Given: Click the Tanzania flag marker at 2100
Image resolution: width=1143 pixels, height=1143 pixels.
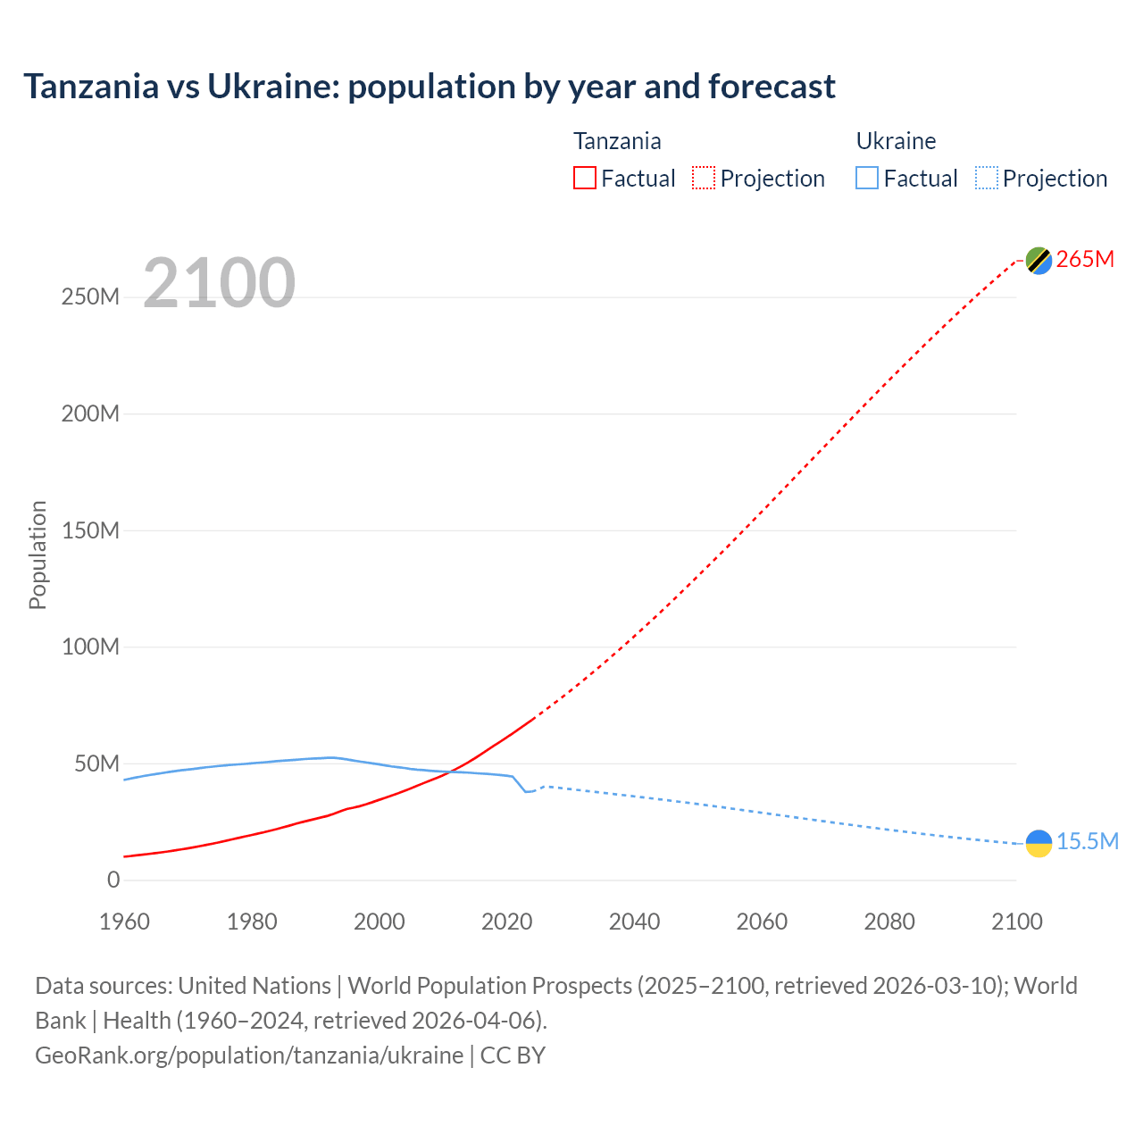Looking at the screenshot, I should click(x=1039, y=261).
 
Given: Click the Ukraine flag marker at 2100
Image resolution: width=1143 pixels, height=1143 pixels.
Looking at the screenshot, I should click(x=1039, y=843).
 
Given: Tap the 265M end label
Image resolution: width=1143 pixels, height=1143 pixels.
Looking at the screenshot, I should click(x=1085, y=260).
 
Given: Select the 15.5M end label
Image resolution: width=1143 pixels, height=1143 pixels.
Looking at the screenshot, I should click(x=1088, y=842).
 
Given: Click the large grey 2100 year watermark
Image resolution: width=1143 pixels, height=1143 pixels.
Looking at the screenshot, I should click(x=219, y=283).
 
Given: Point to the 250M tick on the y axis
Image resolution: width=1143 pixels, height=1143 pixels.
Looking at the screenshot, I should click(x=90, y=297).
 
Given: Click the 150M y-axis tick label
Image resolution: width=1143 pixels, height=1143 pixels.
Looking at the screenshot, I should click(x=90, y=530).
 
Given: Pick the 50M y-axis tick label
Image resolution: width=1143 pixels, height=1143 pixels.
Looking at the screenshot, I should click(x=96, y=764).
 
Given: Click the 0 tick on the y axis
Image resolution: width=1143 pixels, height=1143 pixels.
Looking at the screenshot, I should click(x=113, y=880).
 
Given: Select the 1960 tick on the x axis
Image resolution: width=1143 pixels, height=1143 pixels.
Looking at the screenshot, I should click(x=124, y=922).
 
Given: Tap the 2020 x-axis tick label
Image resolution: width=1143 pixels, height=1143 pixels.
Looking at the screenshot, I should click(x=506, y=922).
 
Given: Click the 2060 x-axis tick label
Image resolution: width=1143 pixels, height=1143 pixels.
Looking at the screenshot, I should click(x=762, y=922).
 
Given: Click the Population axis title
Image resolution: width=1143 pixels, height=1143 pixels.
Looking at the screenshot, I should click(x=38, y=555).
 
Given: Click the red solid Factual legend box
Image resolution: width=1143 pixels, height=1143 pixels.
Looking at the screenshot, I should click(x=584, y=179).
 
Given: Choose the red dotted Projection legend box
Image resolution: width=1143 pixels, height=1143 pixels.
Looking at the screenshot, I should click(x=704, y=179).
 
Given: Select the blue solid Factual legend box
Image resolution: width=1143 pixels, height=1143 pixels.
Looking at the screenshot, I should click(x=866, y=179).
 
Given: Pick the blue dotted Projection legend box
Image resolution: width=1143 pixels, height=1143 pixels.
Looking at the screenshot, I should click(x=986, y=179).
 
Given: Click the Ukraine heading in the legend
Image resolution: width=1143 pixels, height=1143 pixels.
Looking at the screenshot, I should click(x=896, y=141).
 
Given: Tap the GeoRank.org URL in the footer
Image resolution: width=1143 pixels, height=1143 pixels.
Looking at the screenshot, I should click(x=249, y=1055).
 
